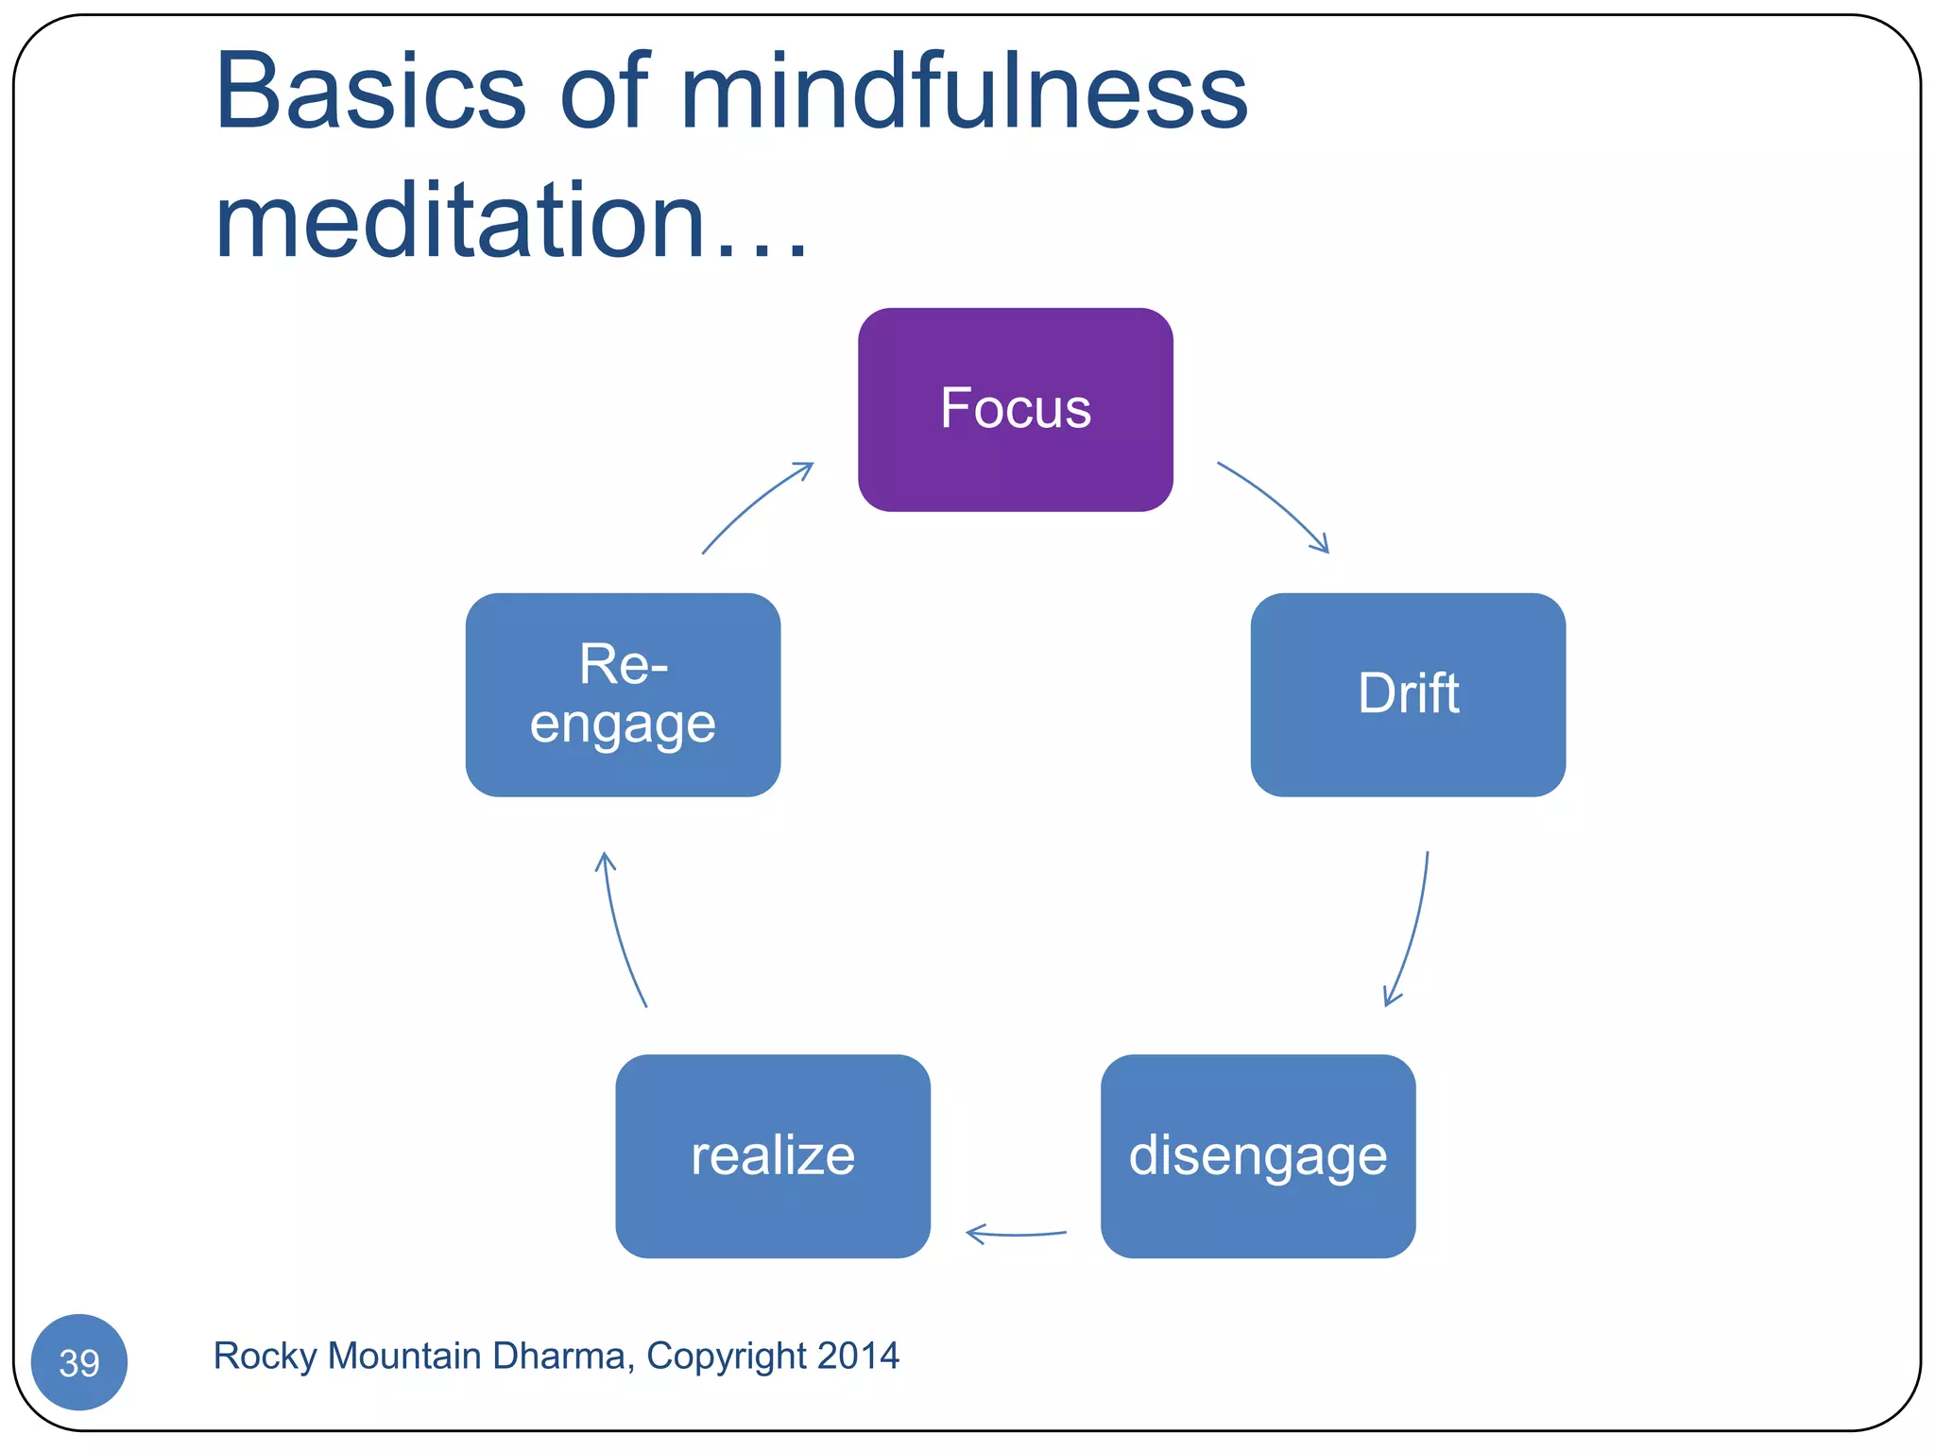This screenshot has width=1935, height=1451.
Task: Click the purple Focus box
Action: click(x=1015, y=409)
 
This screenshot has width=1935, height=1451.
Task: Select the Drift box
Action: click(x=1408, y=694)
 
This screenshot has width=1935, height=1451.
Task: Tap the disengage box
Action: click(x=1258, y=1155)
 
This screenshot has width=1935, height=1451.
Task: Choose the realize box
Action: click(x=772, y=1155)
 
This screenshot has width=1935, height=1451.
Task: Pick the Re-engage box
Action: click(x=623, y=694)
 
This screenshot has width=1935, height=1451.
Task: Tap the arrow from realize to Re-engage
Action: click(x=620, y=930)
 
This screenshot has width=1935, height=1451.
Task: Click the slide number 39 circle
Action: click(x=79, y=1361)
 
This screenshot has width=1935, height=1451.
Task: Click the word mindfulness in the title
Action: click(x=964, y=92)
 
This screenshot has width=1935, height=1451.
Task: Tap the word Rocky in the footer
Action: click(x=265, y=1356)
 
